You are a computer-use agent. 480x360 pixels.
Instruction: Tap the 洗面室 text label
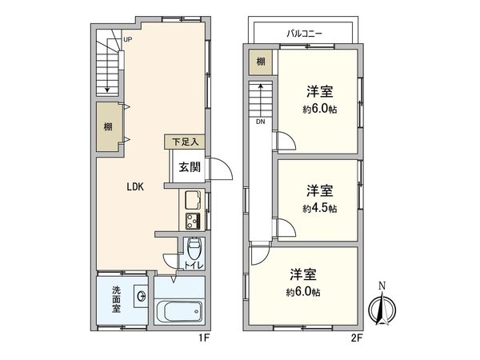click(x=117, y=299)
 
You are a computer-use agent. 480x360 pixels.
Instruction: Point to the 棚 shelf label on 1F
click(x=107, y=126)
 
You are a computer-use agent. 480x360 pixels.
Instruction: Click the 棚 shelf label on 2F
click(x=261, y=62)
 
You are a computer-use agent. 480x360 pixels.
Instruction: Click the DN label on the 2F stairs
click(x=261, y=122)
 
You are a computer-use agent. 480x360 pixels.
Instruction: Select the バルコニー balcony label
click(x=304, y=33)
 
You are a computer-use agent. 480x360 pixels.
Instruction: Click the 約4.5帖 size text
click(x=320, y=208)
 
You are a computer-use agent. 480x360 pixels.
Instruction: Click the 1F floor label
click(x=204, y=338)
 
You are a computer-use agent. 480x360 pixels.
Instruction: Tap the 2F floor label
click(x=355, y=338)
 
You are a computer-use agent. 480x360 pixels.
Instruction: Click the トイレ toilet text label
click(x=195, y=265)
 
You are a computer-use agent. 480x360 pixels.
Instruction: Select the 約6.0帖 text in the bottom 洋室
click(x=306, y=290)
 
